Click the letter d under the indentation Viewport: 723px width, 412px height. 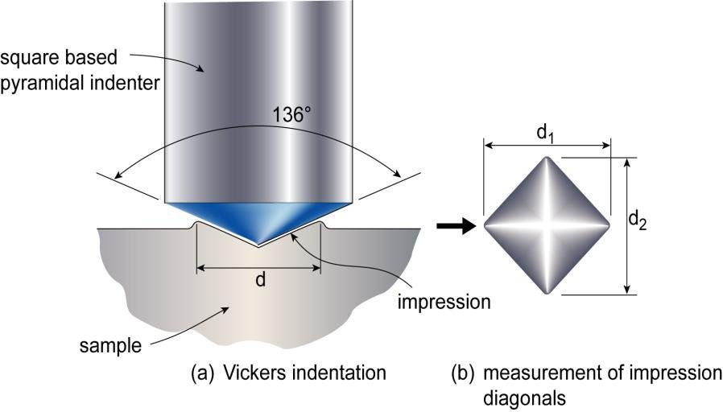260,280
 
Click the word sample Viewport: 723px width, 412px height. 110,347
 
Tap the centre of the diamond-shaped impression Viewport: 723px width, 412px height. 550,226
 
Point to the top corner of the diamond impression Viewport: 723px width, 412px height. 550,159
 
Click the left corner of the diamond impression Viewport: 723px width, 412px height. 485,226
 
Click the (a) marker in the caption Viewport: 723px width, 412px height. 201,373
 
